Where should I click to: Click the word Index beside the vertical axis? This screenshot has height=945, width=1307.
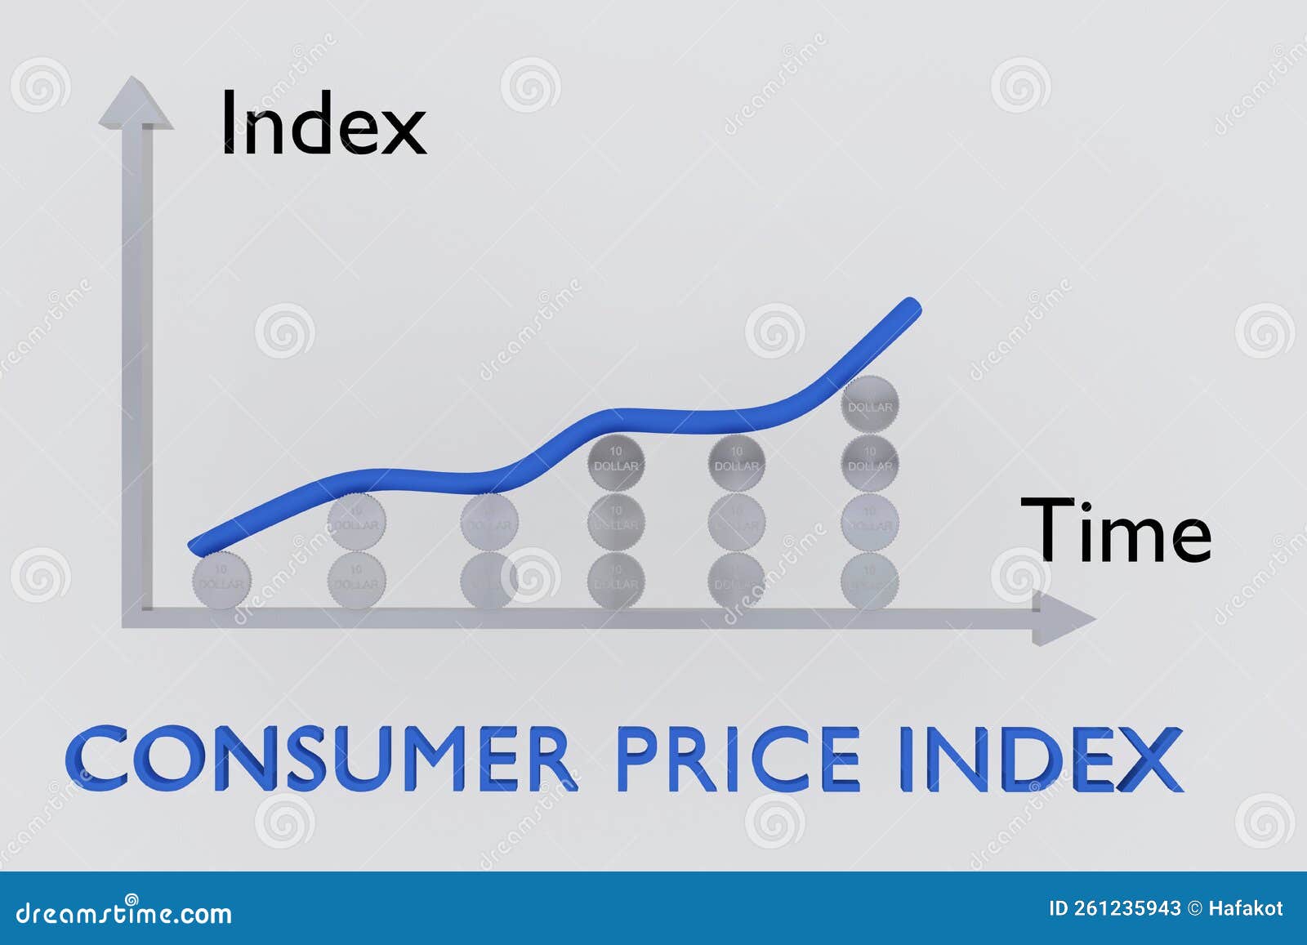[x=323, y=124]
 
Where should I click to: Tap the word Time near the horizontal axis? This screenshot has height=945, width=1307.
[x=1115, y=531]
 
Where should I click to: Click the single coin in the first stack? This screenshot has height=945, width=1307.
[x=219, y=581]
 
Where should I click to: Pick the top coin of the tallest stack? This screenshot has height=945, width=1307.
[x=870, y=404]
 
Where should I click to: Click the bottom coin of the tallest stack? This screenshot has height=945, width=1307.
[x=869, y=581]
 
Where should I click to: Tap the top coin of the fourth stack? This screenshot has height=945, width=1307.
[x=616, y=463]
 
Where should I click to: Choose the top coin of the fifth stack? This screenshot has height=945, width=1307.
[x=737, y=463]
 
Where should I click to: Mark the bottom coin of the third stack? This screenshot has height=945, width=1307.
[x=488, y=581]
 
